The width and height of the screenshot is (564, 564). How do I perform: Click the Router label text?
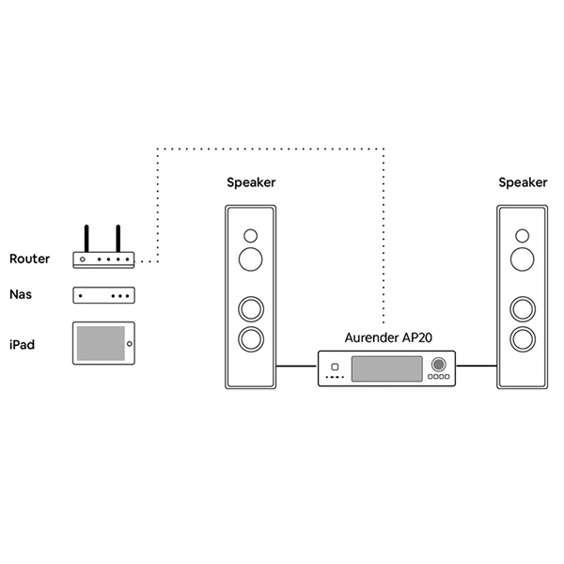(29, 258)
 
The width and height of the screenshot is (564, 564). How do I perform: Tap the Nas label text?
(22, 294)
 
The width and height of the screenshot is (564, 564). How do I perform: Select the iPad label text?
(22, 345)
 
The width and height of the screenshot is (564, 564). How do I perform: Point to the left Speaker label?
(251, 182)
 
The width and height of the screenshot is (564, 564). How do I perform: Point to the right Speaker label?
(522, 182)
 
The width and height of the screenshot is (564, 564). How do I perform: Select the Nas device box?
(103, 295)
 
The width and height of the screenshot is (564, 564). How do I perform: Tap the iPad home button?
(130, 344)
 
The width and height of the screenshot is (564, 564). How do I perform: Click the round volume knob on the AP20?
(438, 364)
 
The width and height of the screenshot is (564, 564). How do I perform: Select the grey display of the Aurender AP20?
(385, 368)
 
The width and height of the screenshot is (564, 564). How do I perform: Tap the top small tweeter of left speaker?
(251, 235)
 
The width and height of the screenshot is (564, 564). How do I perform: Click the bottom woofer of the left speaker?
(251, 338)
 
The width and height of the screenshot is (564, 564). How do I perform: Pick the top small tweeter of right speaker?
(522, 235)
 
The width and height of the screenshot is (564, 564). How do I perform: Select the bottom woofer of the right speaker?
(522, 338)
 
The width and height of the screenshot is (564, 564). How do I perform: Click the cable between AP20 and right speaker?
(477, 366)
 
